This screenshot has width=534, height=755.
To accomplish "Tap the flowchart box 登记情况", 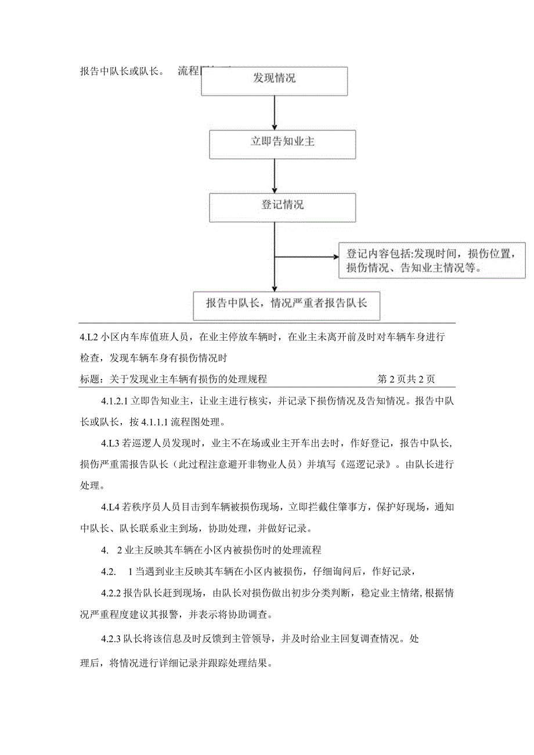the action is click(x=282, y=207).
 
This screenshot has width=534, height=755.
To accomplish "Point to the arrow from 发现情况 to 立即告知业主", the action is click(x=275, y=112).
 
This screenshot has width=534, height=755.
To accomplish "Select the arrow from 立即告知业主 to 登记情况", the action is click(x=275, y=175).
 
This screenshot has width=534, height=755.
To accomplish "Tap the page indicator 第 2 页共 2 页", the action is click(x=406, y=379).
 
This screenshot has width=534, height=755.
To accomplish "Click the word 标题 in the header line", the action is click(x=89, y=379).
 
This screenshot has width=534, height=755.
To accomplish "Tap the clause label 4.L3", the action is click(x=110, y=443).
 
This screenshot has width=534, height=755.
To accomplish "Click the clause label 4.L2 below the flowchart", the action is click(x=89, y=336).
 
